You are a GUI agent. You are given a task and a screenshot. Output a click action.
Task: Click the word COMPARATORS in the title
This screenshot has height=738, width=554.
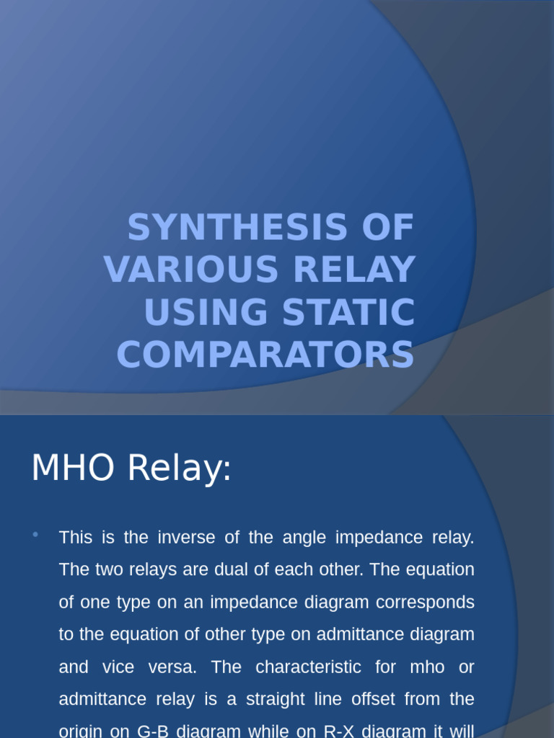(265, 355)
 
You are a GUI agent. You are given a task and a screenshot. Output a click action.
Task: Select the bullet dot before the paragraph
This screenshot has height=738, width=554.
(35, 534)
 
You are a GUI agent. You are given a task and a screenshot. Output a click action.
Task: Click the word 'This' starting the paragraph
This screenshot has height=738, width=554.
(76, 538)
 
